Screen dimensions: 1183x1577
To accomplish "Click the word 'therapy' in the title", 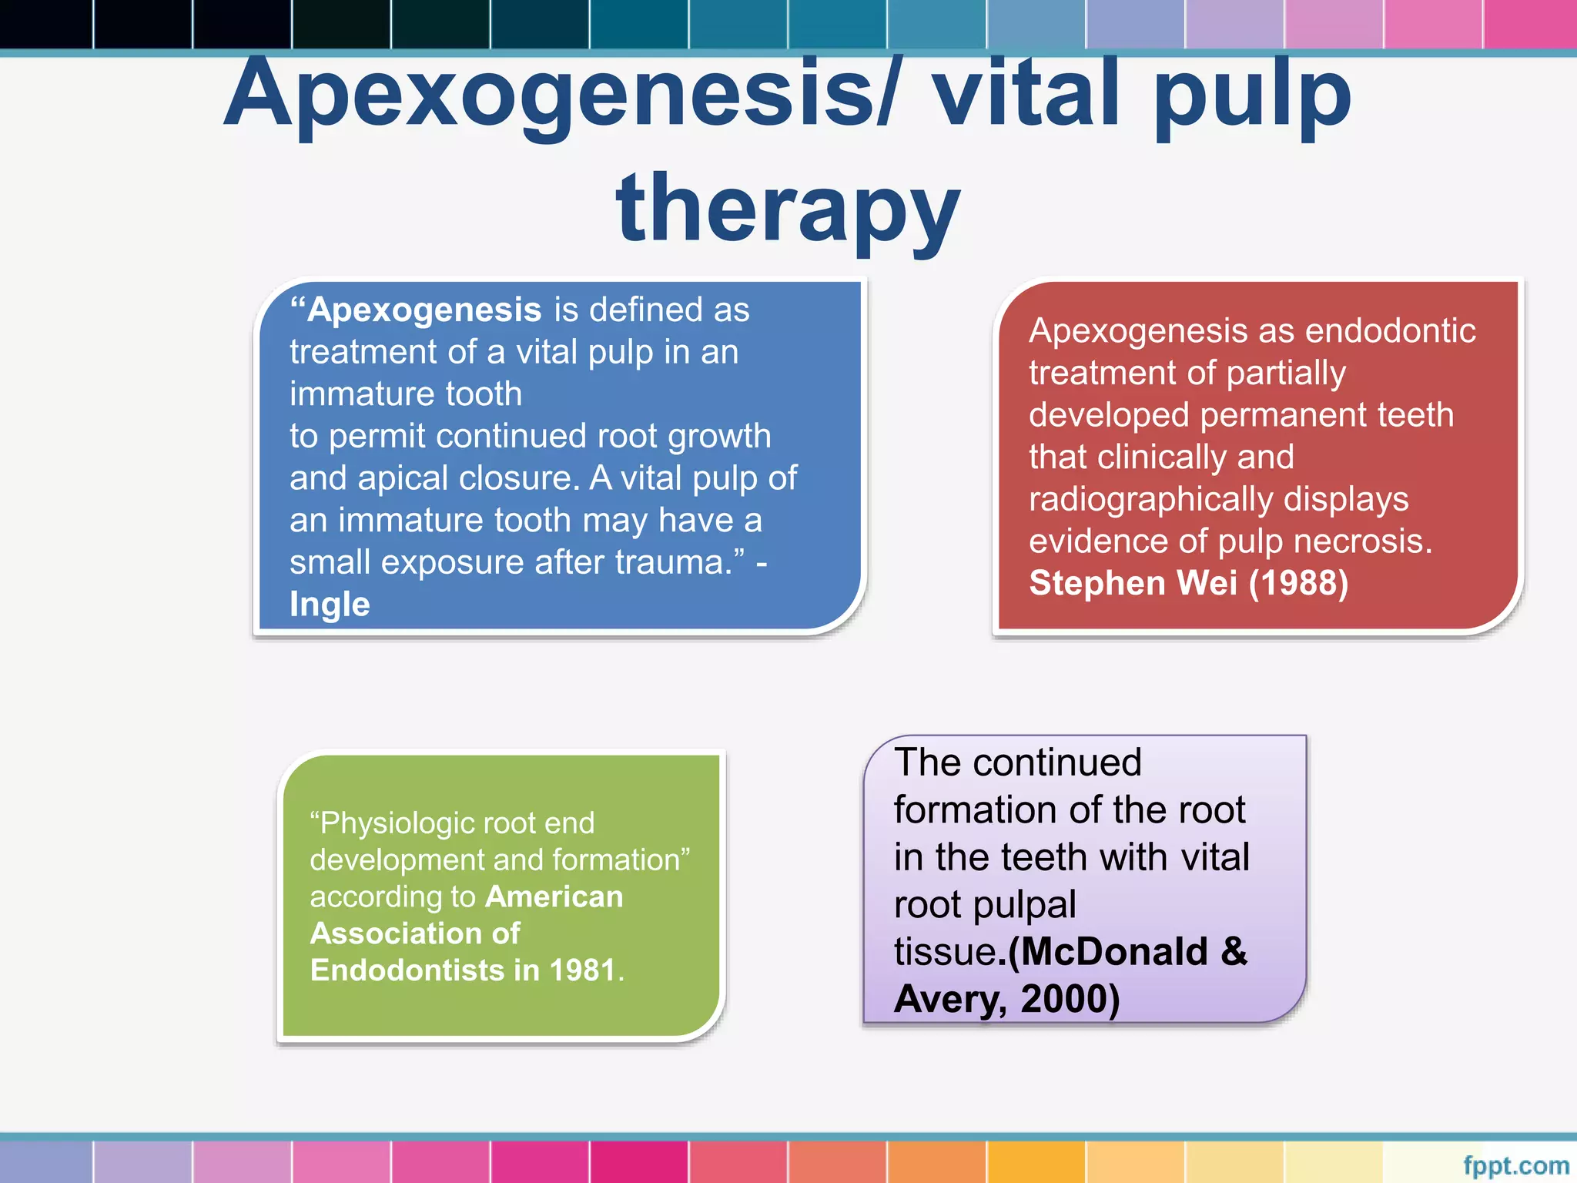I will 788,208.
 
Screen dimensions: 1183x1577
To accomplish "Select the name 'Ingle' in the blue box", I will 330,604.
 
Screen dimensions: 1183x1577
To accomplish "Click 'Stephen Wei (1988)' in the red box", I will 1188,583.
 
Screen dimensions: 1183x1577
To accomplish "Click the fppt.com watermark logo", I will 1515,1165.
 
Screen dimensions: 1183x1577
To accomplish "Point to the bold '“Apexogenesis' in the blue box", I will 416,310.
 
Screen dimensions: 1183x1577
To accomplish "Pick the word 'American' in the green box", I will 554,896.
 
